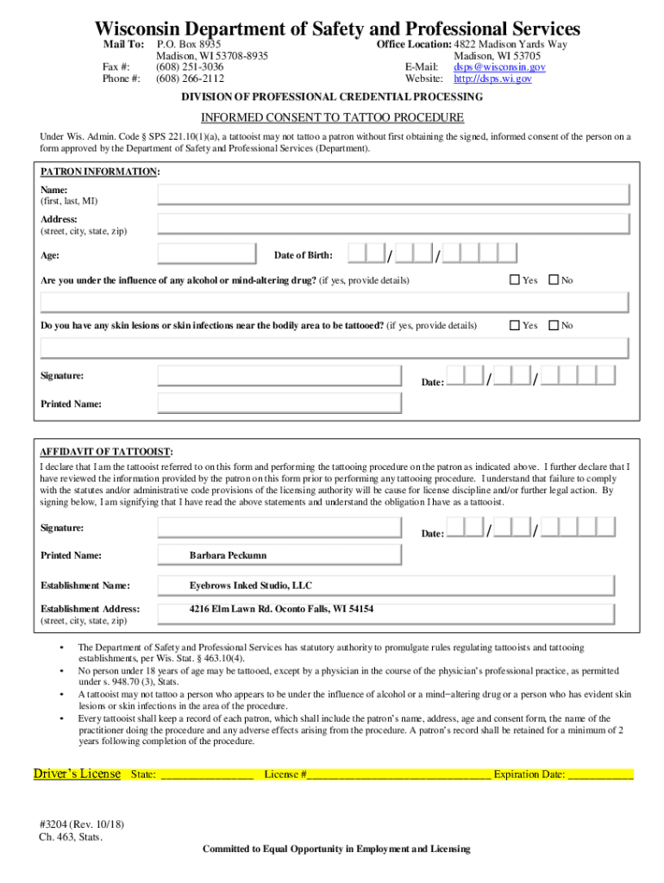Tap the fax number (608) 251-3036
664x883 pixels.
tap(190, 66)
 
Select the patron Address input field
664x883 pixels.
tap(392, 224)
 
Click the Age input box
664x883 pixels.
tap(207, 254)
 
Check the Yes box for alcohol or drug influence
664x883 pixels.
tap(515, 280)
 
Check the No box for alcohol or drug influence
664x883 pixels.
tap(554, 280)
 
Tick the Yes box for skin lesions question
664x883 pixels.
tap(515, 325)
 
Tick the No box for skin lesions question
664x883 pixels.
tap(554, 325)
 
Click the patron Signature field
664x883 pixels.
tap(279, 376)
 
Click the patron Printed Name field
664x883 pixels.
tap(279, 404)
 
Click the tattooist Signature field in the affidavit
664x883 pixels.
tap(279, 528)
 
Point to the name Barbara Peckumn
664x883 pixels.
tap(228, 555)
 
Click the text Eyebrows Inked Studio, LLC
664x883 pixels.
tap(251, 586)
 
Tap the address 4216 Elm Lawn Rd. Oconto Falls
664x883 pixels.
tap(281, 609)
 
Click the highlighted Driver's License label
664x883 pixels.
tap(77, 773)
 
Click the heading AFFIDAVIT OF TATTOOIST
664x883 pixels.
tap(106, 452)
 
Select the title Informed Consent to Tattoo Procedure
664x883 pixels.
tap(332, 117)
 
